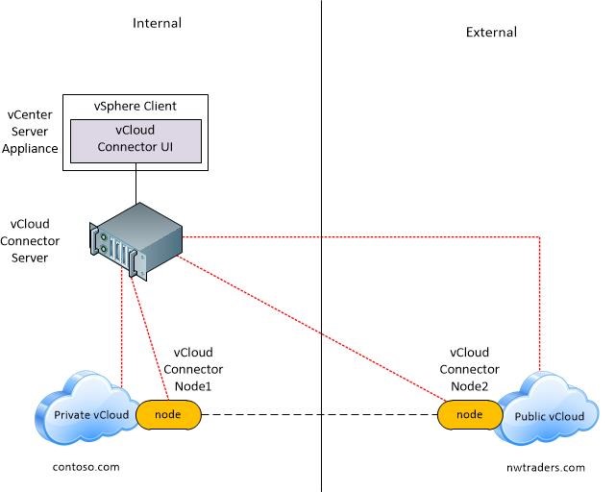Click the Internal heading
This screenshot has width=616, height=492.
(x=158, y=23)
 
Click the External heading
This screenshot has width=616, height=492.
(x=491, y=33)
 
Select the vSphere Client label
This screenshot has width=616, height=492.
(x=136, y=106)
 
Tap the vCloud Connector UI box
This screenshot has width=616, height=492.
(x=136, y=141)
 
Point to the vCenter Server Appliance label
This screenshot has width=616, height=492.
(x=30, y=132)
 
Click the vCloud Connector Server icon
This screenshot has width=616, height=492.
(x=136, y=241)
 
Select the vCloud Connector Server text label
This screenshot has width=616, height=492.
(x=30, y=241)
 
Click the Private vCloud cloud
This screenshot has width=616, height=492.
(x=88, y=408)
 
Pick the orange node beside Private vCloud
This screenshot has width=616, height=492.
(x=168, y=414)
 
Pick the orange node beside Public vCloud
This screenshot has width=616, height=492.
(x=470, y=414)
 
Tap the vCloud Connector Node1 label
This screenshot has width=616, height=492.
(x=193, y=369)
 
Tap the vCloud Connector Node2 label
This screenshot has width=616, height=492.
(x=470, y=369)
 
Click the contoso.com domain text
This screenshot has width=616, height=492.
(x=86, y=467)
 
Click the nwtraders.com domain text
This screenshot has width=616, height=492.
(x=546, y=468)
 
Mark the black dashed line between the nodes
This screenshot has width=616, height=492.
(x=319, y=414)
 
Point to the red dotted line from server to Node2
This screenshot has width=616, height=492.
(x=312, y=329)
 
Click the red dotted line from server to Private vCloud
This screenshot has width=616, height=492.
(x=122, y=329)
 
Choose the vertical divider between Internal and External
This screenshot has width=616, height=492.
(x=321, y=246)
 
